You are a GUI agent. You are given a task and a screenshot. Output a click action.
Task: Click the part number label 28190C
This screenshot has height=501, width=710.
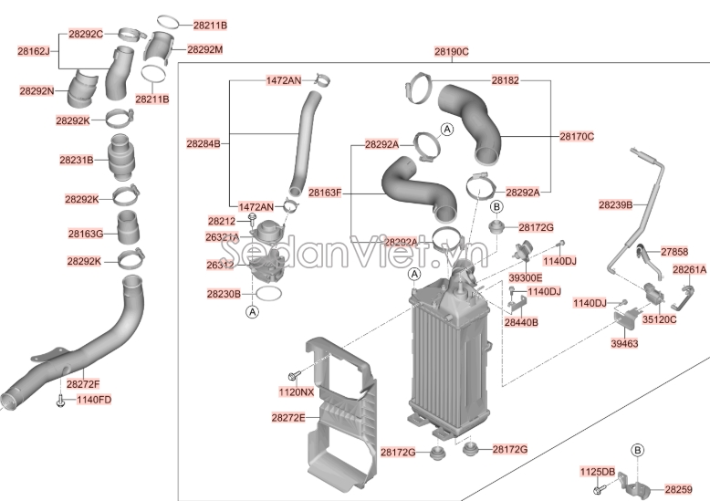click(x=451, y=52)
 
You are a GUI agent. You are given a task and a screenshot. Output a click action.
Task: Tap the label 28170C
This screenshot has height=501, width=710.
click(x=577, y=136)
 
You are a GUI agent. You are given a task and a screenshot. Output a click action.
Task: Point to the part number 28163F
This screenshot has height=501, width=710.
click(x=324, y=193)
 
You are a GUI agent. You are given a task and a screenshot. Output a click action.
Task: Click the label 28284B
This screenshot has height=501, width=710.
click(x=203, y=143)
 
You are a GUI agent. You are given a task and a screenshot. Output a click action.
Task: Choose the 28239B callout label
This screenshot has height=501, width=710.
click(x=615, y=204)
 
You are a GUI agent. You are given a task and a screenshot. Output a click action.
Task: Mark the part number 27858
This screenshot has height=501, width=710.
click(x=674, y=250)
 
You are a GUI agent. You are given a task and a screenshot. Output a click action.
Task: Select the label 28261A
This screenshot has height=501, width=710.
click(x=689, y=270)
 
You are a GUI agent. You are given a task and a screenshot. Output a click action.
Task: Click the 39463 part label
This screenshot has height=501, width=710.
click(x=624, y=343)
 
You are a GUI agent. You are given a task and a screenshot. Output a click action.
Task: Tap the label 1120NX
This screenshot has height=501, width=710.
click(x=296, y=391)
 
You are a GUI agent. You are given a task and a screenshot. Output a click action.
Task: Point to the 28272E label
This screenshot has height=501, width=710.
click(x=287, y=417)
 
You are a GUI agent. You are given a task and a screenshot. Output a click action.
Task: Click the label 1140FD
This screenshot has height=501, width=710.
click(x=93, y=400)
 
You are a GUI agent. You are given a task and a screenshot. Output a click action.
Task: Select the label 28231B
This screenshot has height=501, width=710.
click(x=77, y=160)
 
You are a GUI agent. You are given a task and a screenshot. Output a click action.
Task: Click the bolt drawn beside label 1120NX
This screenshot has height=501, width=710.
click(x=293, y=375)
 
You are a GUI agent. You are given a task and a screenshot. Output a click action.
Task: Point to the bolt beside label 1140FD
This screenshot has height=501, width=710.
click(x=60, y=401)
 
